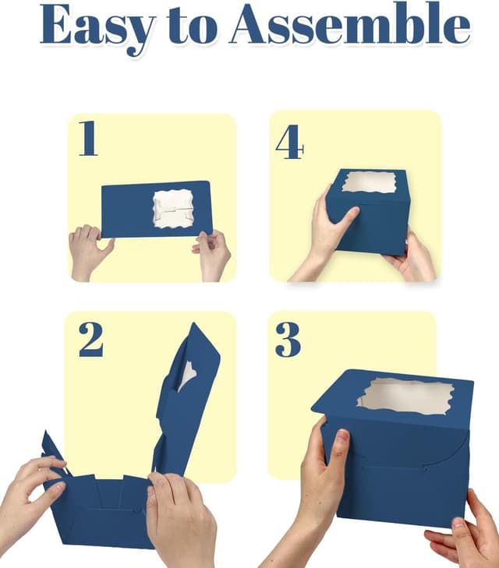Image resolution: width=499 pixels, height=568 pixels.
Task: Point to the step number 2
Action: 90,338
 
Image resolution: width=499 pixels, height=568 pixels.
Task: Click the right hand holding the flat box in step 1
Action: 213,252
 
